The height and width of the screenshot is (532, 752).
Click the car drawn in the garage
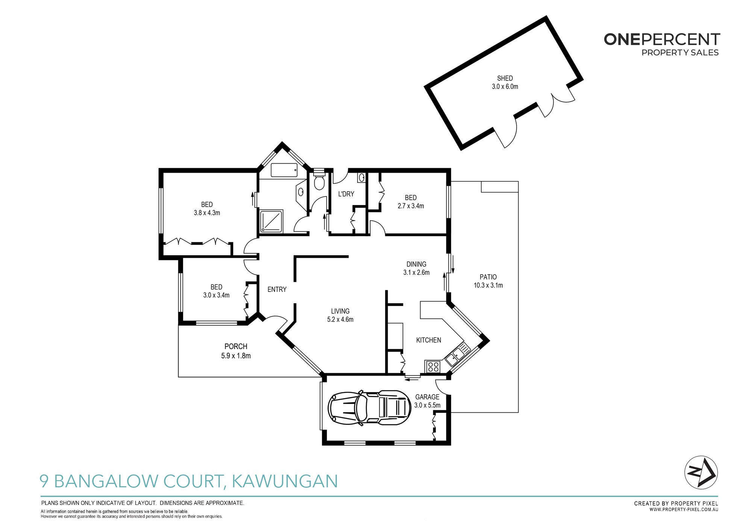369,408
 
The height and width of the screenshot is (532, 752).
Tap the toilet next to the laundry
319,181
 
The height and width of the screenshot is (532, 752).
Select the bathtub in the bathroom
284,170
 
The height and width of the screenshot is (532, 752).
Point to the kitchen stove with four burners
433,367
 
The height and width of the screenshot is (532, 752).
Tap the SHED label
505,78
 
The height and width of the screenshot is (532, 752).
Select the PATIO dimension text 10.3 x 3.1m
488,285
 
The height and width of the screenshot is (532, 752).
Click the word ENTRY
277,289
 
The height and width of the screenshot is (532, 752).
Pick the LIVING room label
340,311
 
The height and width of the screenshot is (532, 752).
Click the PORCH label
236,347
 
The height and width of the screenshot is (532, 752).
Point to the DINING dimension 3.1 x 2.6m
416,272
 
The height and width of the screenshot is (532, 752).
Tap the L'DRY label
346,194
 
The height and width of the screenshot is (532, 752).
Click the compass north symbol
701,473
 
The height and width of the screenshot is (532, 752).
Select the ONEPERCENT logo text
662,40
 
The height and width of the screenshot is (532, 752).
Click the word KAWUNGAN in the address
285,481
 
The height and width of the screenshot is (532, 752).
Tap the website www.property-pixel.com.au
684,510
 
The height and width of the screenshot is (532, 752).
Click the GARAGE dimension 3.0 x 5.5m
427,405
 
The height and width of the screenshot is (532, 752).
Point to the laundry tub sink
361,178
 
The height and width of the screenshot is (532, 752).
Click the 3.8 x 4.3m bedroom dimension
207,213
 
